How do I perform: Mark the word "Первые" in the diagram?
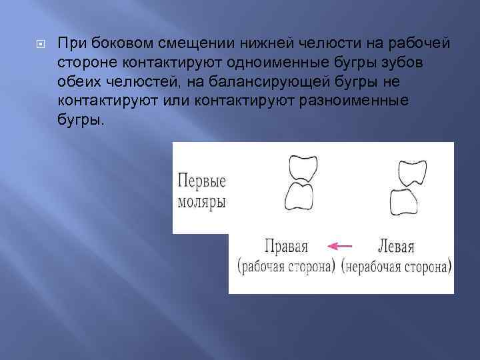point(202,181)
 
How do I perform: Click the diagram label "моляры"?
point(202,201)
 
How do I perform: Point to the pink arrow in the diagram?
point(341,246)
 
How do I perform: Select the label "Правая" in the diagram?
point(286,246)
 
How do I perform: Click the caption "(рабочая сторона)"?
point(286,267)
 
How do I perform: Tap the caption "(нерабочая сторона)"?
point(396,267)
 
